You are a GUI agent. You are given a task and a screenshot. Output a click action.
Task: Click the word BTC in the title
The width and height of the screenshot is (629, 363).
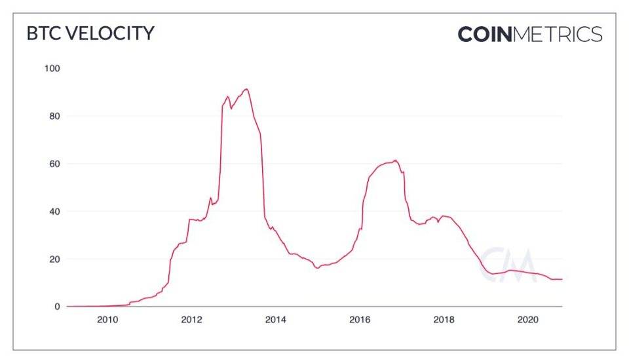pyautogui.click(x=41, y=33)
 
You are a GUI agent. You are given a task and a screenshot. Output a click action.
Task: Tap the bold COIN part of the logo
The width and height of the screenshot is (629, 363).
pyautogui.click(x=485, y=34)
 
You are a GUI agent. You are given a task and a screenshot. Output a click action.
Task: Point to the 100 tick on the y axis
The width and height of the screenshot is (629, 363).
pyautogui.click(x=52, y=69)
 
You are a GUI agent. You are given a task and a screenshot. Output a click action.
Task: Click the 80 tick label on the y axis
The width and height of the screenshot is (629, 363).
pyautogui.click(x=54, y=117)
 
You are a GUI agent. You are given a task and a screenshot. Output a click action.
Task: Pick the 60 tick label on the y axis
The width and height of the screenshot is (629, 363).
pyautogui.click(x=54, y=164)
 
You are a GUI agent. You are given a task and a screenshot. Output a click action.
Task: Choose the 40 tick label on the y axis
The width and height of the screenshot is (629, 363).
pyautogui.click(x=54, y=212)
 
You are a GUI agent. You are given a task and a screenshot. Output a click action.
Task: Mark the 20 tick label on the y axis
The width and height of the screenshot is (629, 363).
pyautogui.click(x=54, y=259)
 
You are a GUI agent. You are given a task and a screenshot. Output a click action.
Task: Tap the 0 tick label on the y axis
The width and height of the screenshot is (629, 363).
pyautogui.click(x=57, y=307)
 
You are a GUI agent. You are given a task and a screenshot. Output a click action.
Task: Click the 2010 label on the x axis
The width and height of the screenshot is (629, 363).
pyautogui.click(x=107, y=320)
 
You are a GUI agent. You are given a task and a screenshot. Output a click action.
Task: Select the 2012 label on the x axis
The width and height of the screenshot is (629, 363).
pyautogui.click(x=191, y=320)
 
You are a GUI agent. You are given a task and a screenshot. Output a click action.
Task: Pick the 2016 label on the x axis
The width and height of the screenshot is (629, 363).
pyautogui.click(x=360, y=320)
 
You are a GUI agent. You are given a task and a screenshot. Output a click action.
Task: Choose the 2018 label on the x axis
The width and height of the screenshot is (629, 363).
pyautogui.click(x=444, y=320)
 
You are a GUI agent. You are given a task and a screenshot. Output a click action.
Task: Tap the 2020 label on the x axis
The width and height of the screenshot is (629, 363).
pyautogui.click(x=528, y=320)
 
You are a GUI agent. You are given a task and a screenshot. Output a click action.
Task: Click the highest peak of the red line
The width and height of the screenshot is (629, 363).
pyautogui.click(x=246, y=89)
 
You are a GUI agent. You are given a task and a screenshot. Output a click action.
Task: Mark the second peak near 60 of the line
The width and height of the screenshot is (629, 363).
pyautogui.click(x=396, y=161)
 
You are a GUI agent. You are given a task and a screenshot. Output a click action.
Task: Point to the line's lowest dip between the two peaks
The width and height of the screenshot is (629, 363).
pyautogui.click(x=317, y=268)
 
